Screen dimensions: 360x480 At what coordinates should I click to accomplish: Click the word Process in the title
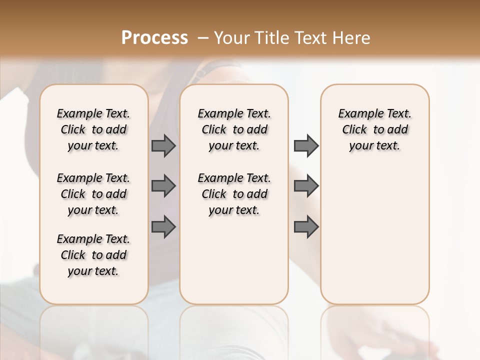click(x=154, y=38)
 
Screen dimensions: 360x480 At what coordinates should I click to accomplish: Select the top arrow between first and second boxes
click(x=163, y=145)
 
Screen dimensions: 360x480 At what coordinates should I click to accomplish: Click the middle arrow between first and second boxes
click(x=163, y=186)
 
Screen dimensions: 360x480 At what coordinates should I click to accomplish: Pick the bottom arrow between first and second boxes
click(x=163, y=227)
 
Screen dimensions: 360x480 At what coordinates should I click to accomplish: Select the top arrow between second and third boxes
click(x=306, y=145)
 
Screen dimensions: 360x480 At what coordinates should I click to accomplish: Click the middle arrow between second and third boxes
click(x=306, y=186)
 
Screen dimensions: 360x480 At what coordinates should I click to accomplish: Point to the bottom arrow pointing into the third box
click(x=306, y=227)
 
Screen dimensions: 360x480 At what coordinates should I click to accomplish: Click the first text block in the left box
click(x=93, y=129)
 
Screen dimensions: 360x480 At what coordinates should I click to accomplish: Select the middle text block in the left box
click(x=93, y=194)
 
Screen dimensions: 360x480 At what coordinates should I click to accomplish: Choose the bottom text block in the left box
click(x=93, y=255)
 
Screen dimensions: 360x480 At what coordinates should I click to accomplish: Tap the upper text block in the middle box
click(x=234, y=129)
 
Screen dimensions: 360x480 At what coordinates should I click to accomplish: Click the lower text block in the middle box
click(x=234, y=194)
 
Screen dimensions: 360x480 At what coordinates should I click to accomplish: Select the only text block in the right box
click(x=375, y=129)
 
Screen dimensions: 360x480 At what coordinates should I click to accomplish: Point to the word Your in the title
click(x=231, y=38)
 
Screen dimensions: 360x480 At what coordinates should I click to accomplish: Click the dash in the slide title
click(x=203, y=38)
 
